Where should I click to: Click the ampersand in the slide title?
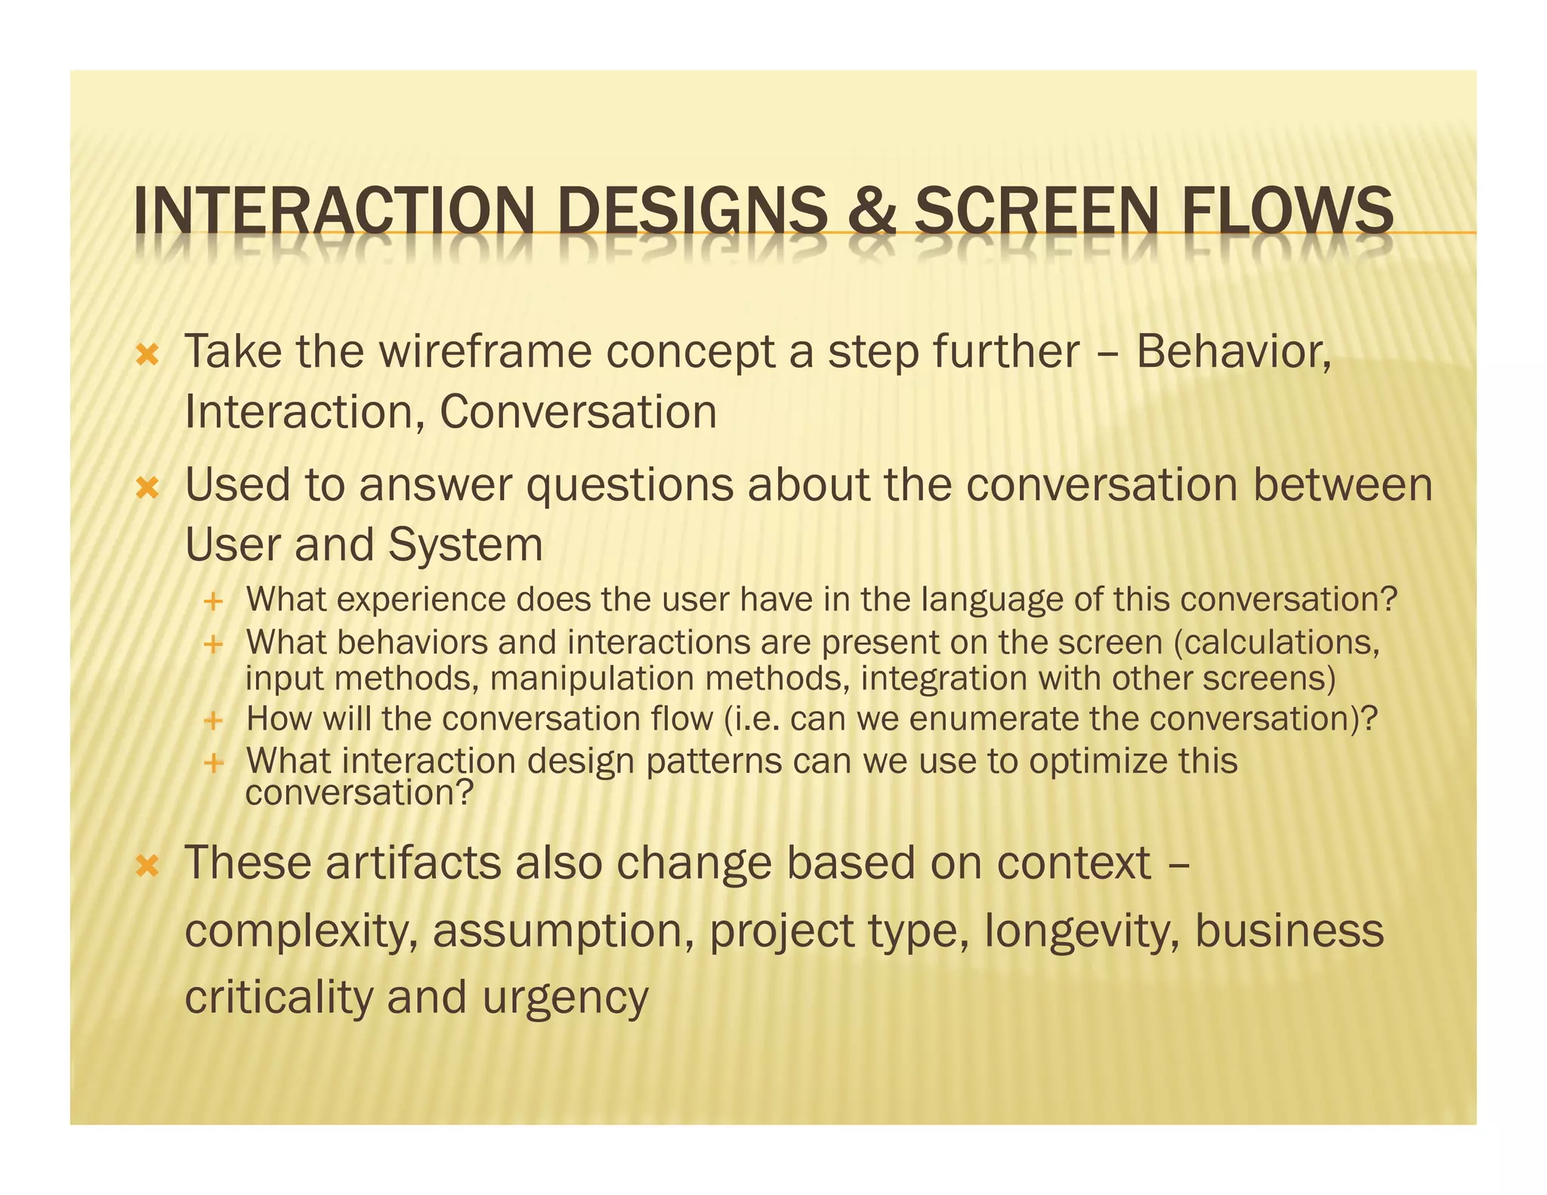(x=871, y=212)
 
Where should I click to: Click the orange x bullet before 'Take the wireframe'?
(x=147, y=355)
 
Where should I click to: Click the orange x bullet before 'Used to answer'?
(x=147, y=489)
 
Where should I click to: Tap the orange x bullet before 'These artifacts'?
(x=147, y=866)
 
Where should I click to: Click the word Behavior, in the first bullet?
(x=1234, y=352)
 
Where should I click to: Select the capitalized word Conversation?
(x=578, y=412)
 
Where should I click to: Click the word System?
(x=465, y=545)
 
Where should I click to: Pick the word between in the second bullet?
(x=1342, y=485)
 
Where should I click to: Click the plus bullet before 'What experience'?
(x=214, y=602)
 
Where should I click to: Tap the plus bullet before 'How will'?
(x=214, y=720)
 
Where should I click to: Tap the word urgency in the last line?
(x=565, y=998)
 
